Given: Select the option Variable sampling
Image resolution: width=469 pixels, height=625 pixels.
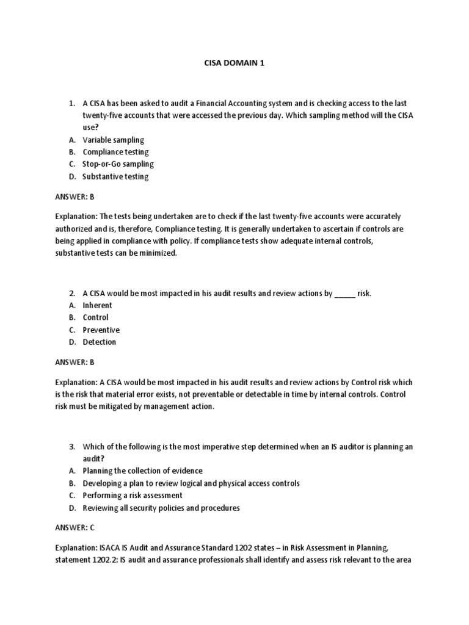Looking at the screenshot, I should point(113,140).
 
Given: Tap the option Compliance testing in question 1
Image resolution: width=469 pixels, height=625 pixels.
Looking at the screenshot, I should point(115,152).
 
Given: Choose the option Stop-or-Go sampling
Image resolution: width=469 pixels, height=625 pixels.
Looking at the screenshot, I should point(118,164).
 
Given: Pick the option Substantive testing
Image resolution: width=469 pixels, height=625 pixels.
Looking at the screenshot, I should point(115,177).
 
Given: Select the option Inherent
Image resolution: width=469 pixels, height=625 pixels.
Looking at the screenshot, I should point(98,305).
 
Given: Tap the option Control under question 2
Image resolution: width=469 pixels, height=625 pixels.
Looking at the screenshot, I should point(95,317).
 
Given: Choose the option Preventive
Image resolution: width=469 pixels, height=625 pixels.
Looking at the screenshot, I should point(101,330).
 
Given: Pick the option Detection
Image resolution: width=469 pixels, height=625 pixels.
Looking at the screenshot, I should point(99,342).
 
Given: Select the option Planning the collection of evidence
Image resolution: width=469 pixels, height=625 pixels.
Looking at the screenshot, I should point(142,471).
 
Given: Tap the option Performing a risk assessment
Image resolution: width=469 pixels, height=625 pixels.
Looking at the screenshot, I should point(133,495).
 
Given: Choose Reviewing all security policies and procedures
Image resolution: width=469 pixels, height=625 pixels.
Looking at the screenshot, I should point(161,508).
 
